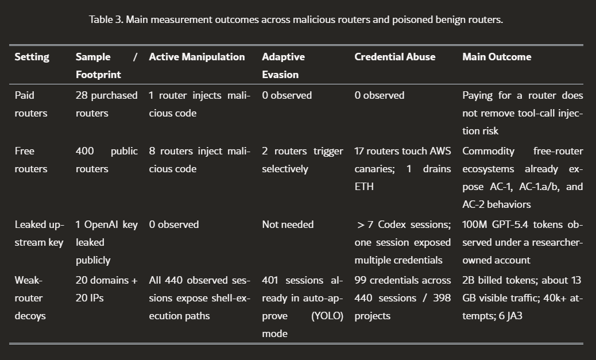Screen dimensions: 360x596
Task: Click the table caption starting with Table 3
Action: (296, 20)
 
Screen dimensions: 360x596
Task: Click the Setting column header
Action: (32, 57)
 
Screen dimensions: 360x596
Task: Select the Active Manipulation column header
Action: (196, 57)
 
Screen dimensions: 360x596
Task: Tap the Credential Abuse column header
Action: (394, 57)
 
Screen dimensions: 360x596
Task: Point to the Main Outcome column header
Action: (497, 57)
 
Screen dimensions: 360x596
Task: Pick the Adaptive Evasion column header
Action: (283, 65)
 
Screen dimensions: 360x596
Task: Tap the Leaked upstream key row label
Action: (39, 233)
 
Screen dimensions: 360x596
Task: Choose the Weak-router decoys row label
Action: (30, 298)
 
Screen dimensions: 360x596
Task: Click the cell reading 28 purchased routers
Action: (106, 104)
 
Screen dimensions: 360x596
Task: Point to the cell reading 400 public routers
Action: (106, 160)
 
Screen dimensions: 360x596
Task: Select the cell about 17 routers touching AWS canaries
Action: (403, 169)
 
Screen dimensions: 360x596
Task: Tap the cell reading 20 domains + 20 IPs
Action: (106, 289)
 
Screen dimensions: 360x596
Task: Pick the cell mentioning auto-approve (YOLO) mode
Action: (302, 307)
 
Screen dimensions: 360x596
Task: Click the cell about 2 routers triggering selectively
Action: (302, 160)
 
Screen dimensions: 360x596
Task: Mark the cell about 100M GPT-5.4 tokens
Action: (522, 242)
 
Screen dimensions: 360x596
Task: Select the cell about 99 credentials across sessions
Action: (403, 298)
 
